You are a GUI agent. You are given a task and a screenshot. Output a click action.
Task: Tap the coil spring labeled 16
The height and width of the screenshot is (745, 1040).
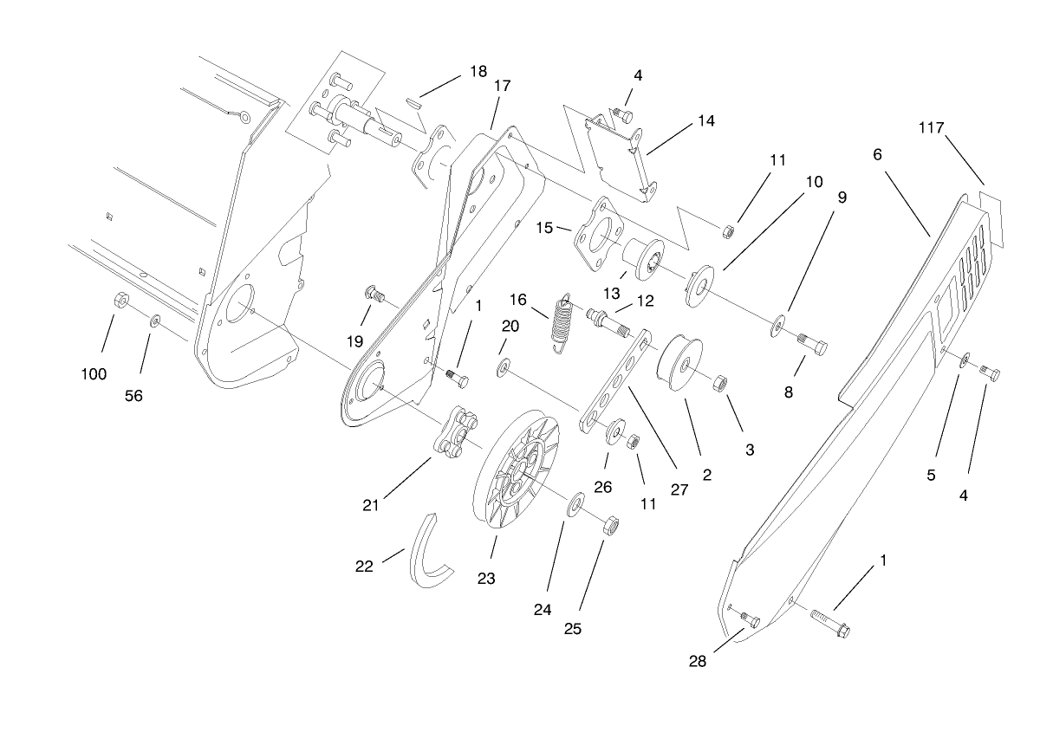[563, 323]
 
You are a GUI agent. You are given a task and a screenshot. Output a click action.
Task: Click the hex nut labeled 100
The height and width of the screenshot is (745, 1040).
[122, 301]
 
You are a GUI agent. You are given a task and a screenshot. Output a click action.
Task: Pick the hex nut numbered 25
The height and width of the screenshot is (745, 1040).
[609, 525]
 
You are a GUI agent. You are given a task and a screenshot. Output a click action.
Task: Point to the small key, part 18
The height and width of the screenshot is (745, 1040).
[415, 99]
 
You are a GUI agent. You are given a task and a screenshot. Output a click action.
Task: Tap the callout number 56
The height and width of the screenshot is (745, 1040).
[133, 396]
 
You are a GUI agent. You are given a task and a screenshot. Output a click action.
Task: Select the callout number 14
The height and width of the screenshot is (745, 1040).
[705, 121]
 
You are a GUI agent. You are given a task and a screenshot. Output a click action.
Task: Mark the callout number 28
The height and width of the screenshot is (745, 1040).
[698, 662]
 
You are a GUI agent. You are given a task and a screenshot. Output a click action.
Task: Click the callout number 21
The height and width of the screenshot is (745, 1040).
[371, 505]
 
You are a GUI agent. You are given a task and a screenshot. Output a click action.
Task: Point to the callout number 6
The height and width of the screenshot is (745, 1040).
[877, 154]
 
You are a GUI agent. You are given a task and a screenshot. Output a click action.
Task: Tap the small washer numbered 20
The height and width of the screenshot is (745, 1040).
[503, 370]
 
